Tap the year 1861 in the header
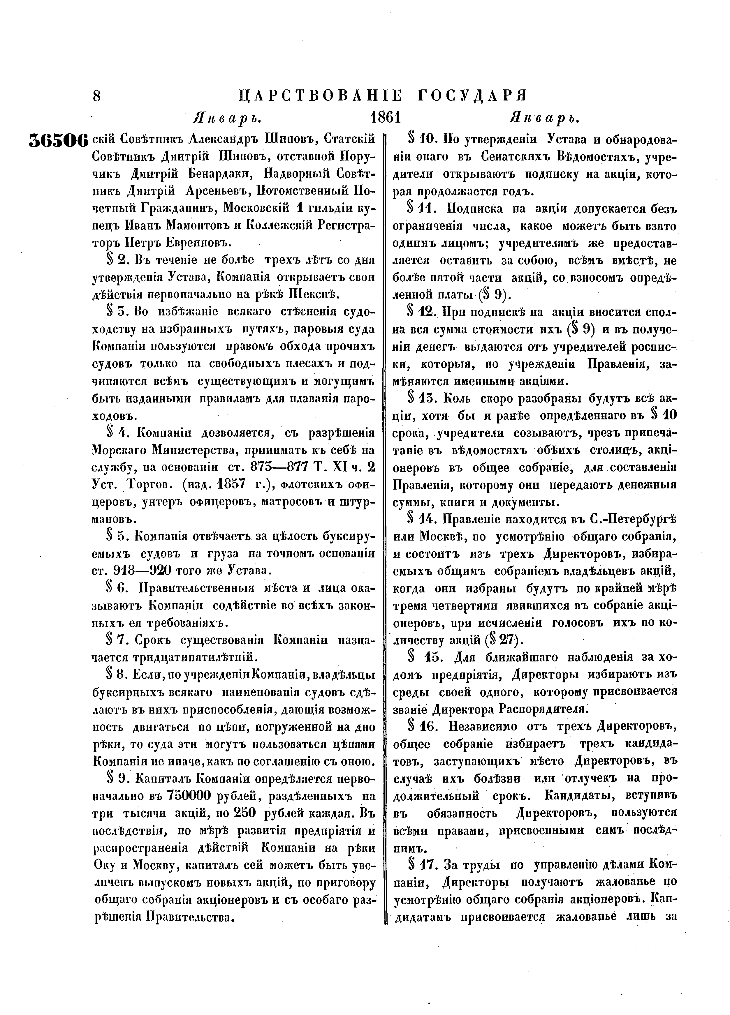click(x=385, y=118)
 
